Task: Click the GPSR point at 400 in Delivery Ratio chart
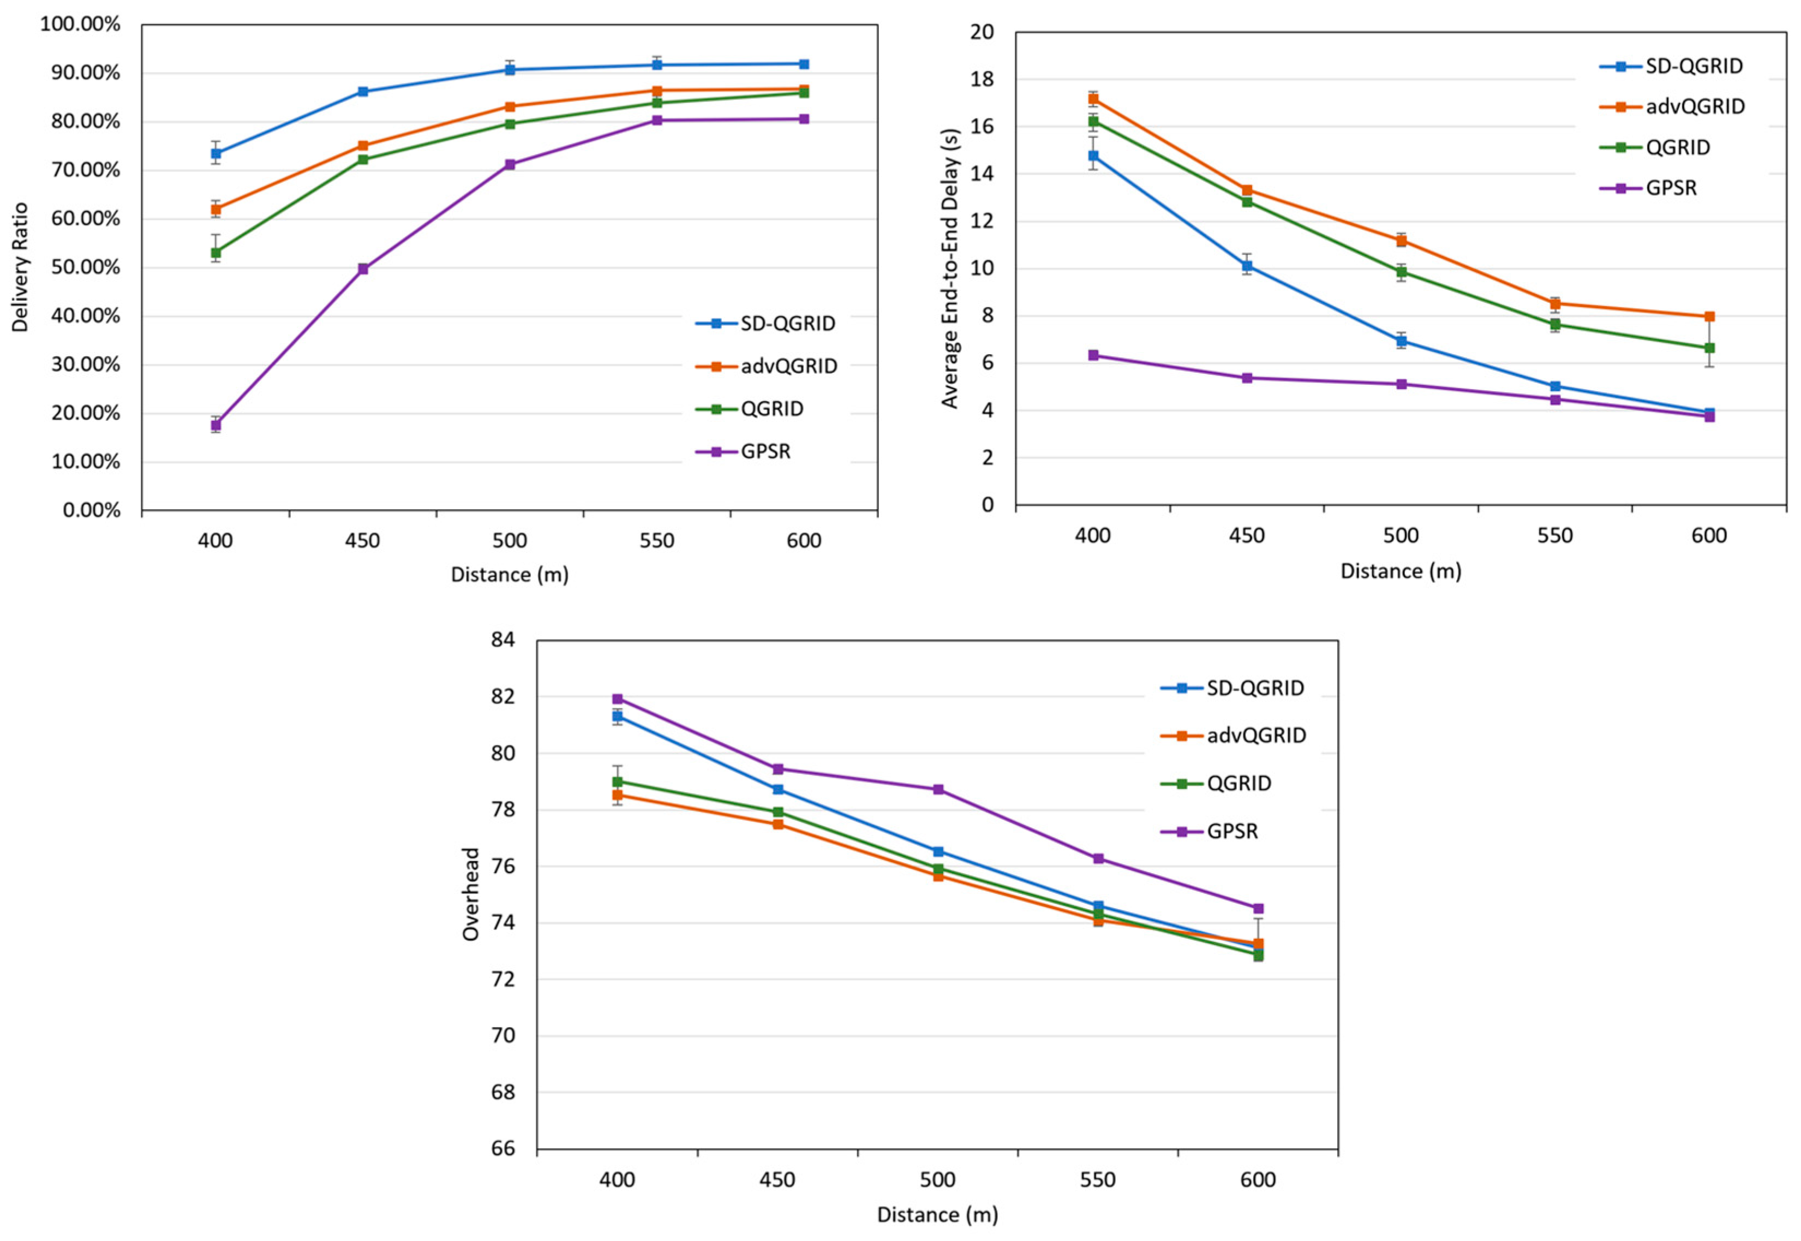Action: tap(216, 425)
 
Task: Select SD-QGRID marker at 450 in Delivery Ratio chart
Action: tap(362, 92)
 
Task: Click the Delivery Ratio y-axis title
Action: tap(20, 267)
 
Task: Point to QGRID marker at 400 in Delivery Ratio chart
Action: tap(216, 253)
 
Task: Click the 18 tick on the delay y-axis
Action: tap(983, 79)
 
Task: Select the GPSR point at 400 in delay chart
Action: tap(1093, 355)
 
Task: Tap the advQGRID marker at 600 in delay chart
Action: tap(1709, 317)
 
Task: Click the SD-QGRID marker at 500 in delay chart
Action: tap(1402, 341)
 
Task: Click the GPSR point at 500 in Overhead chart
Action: tap(938, 789)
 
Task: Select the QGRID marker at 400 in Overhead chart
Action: tap(617, 781)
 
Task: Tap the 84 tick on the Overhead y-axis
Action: tap(503, 640)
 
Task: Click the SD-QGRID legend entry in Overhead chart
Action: tap(1254, 688)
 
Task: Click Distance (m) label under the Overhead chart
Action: tap(937, 1215)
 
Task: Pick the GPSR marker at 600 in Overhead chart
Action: tap(1259, 908)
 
